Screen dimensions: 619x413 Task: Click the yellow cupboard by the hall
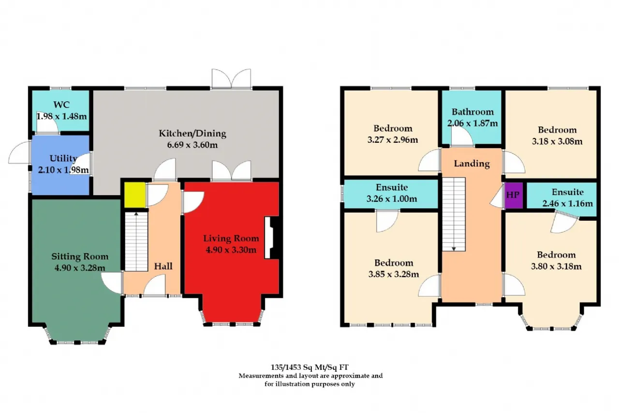[x=135, y=195]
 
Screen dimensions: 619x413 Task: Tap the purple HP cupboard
[x=514, y=195]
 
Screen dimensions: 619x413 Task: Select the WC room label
[x=61, y=105]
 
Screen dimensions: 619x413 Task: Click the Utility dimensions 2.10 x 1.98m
[x=63, y=170]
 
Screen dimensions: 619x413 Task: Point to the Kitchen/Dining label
[x=192, y=133]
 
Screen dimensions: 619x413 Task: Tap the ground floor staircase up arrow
[x=136, y=214]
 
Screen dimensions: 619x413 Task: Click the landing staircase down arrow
[x=454, y=249]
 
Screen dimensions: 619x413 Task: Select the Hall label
[x=163, y=266]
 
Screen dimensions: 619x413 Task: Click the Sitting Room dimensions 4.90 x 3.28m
[x=80, y=268]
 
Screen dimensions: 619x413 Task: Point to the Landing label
[x=472, y=164]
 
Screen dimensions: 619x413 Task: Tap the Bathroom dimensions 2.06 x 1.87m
[x=472, y=123]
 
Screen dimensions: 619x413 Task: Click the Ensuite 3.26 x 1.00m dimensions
[x=392, y=199]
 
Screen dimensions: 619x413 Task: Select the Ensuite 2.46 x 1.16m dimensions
[x=568, y=204]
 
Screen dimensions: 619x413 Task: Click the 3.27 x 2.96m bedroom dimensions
[x=393, y=140]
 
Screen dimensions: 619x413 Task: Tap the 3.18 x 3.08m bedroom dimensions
[x=557, y=141]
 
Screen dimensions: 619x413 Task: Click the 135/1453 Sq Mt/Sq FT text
[x=309, y=367]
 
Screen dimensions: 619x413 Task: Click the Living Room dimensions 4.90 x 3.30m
[x=231, y=250]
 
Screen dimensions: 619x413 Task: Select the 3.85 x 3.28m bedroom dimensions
[x=394, y=274]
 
